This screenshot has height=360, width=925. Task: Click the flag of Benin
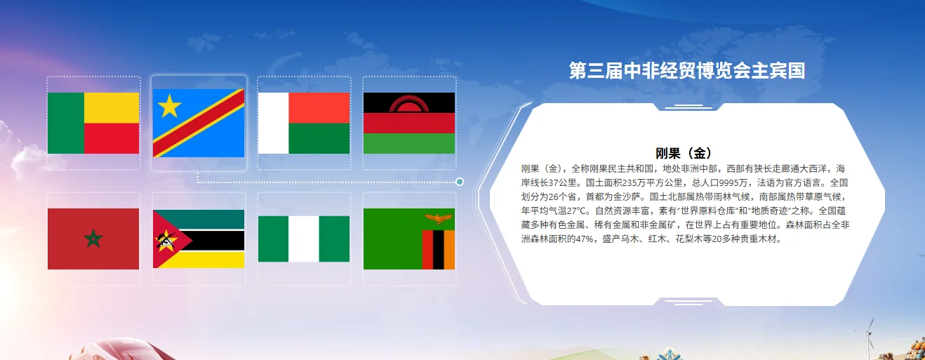pos(93,123)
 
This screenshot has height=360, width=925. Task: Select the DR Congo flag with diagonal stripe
pos(199,123)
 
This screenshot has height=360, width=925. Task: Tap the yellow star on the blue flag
pos(170,107)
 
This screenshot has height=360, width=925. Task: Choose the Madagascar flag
pos(304,123)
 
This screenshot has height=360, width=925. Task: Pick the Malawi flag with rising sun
pos(409,123)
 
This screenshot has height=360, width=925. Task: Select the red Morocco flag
pos(93,239)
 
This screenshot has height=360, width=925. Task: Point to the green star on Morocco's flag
pos(93,239)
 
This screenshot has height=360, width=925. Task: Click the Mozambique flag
pos(199,239)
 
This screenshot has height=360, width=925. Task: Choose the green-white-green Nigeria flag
pos(304,239)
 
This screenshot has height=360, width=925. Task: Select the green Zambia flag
pos(409,239)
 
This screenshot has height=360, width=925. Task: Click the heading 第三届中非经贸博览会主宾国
pos(686,71)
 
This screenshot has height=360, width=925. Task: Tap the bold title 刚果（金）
pos(684,153)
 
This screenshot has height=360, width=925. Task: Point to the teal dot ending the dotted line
pos(460,182)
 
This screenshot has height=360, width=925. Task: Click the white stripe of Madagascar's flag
pos(274,123)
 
